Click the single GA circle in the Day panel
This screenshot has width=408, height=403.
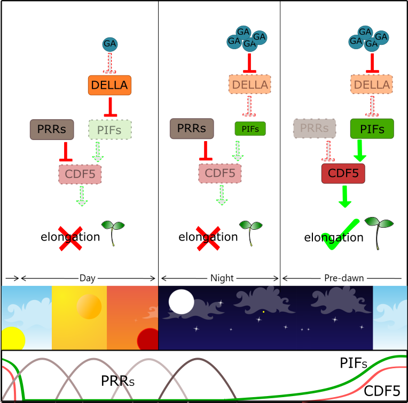pos(110,44)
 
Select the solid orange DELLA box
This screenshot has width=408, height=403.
pos(109,85)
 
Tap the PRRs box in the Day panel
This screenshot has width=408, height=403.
pos(52,129)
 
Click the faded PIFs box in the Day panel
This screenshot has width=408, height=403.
pos(110,130)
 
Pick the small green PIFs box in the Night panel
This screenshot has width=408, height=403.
pos(250,129)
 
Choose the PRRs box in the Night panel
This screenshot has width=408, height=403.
pos(192,128)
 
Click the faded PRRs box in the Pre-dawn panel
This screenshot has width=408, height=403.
pos(315,128)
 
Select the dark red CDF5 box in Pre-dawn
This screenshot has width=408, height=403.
pos(343,174)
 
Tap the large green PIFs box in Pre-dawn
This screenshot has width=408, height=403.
pos(372,129)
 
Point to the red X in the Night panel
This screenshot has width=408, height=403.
pos(208,238)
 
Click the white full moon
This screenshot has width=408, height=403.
pos(182,301)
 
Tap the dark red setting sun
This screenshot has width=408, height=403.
pos(148,339)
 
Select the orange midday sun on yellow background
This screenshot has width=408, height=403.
pos(89,307)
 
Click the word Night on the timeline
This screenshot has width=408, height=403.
pos(222,278)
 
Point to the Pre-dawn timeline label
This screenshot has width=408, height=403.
pos(344,278)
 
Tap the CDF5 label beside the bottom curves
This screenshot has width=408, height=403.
pos(382,391)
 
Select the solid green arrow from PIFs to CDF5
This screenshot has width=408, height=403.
pos(360,151)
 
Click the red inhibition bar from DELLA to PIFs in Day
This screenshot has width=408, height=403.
pos(111,107)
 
